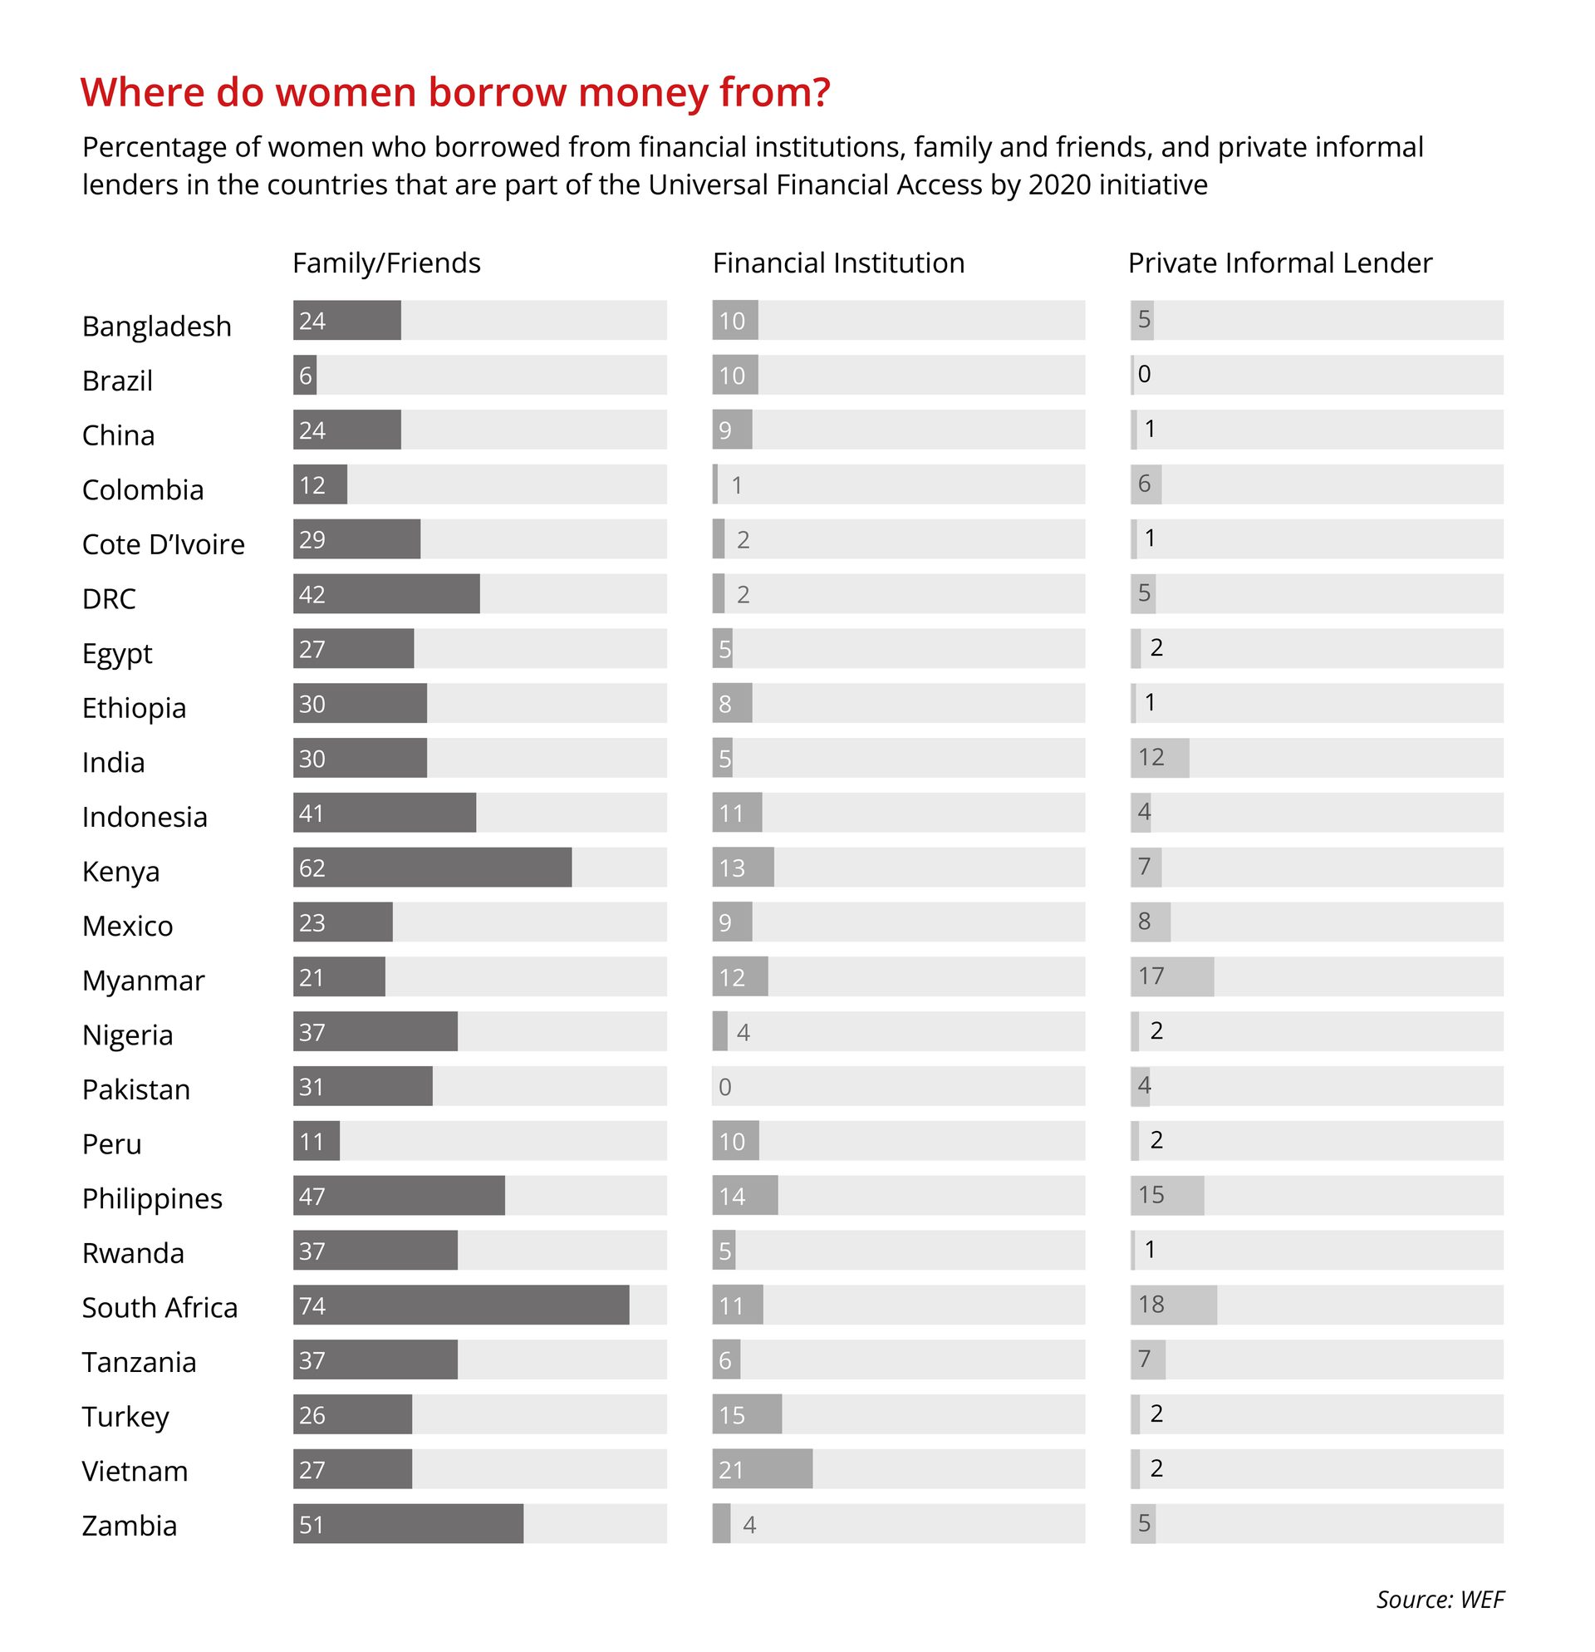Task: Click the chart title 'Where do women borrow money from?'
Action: click(455, 92)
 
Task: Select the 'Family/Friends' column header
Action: click(386, 263)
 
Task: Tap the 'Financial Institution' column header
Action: click(837, 263)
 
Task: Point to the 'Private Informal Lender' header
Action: click(1279, 263)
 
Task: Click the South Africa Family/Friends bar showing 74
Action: click(460, 1305)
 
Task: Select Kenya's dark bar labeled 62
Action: click(431, 868)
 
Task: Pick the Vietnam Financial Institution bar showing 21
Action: click(762, 1469)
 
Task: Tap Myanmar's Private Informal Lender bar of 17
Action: click(1171, 977)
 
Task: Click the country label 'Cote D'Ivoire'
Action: click(164, 544)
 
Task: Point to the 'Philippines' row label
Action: click(152, 1198)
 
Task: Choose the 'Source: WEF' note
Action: click(1439, 1599)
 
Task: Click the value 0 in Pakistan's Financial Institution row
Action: click(724, 1087)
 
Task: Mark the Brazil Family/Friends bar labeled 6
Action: click(304, 375)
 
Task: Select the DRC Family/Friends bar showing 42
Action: click(386, 594)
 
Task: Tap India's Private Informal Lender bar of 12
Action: click(1160, 758)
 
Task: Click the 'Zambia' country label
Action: click(129, 1526)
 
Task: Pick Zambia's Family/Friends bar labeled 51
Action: click(408, 1524)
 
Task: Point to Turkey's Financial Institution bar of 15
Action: click(747, 1414)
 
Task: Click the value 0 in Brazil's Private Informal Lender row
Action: click(1143, 374)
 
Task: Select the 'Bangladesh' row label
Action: click(156, 327)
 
